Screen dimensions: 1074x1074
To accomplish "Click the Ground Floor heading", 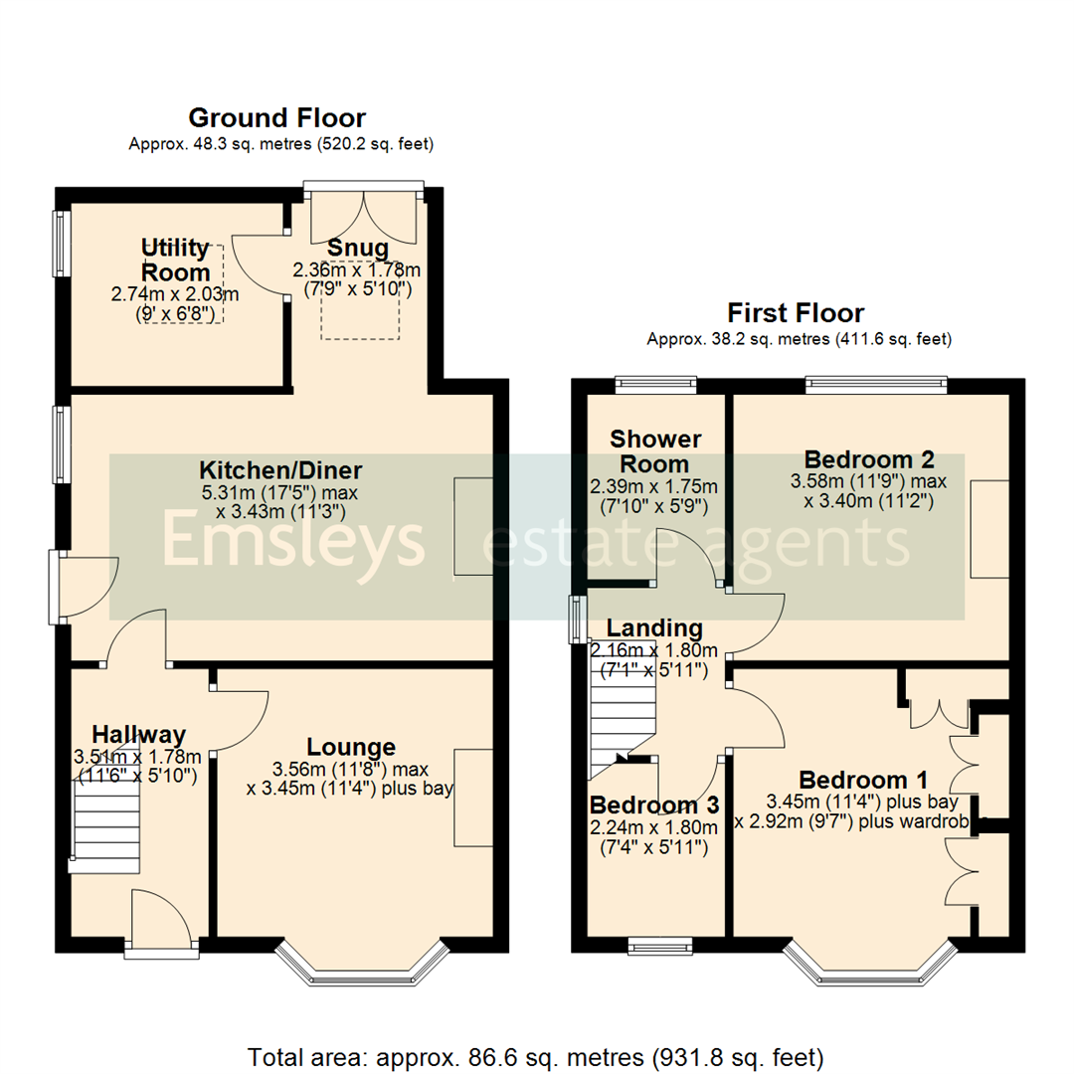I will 276,118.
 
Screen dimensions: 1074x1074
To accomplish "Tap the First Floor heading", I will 796,313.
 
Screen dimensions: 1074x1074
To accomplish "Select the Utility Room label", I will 175,260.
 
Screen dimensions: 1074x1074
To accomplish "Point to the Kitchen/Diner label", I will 280,470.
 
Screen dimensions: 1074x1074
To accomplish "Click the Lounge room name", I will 351,747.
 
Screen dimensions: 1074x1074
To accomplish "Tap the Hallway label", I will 138,735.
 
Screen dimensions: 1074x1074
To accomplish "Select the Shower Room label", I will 655,451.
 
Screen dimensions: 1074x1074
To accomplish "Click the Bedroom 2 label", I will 869,459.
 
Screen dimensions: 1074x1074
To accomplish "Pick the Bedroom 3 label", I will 654,805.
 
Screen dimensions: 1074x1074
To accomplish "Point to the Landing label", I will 654,628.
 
